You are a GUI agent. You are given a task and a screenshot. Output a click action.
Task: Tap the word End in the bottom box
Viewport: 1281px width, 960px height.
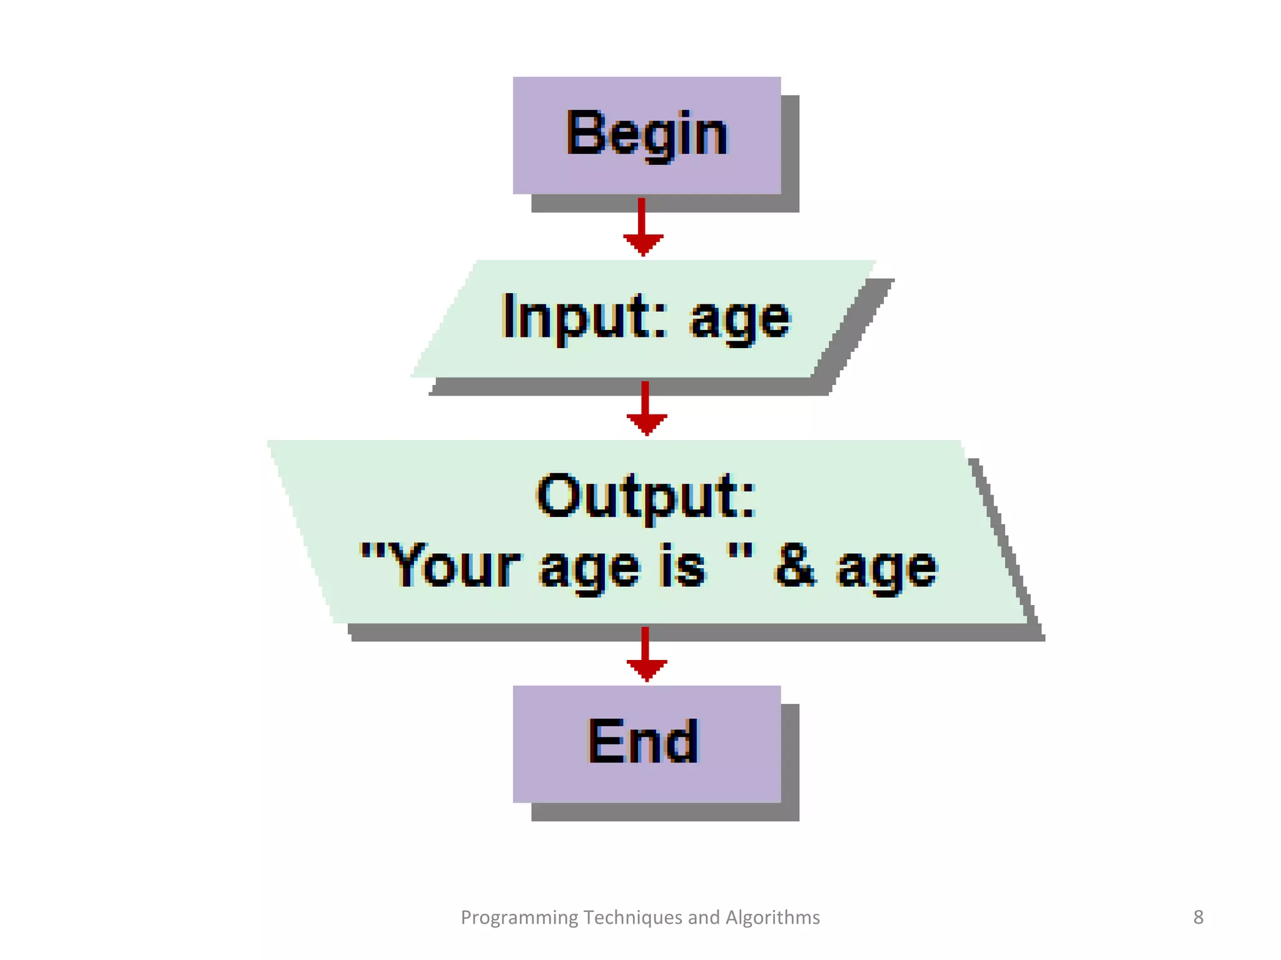coord(642,741)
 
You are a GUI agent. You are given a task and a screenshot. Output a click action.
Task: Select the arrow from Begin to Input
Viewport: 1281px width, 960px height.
coord(642,227)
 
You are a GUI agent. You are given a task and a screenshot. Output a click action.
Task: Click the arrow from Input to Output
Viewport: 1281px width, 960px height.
coord(646,409)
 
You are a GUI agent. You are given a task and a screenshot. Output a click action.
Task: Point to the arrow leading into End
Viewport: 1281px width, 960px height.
coord(646,654)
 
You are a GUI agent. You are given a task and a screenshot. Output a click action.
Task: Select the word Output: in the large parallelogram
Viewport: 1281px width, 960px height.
coord(646,497)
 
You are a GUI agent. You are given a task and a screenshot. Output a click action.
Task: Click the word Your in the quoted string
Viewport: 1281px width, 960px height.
coord(457,566)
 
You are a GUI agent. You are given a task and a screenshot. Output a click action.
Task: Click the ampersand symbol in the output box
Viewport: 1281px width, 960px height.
coord(794,566)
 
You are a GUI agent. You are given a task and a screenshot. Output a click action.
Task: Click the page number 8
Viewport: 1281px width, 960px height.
coord(1198,917)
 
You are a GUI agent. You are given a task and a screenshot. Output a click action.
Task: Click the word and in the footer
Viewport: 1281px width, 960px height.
coord(704,917)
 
